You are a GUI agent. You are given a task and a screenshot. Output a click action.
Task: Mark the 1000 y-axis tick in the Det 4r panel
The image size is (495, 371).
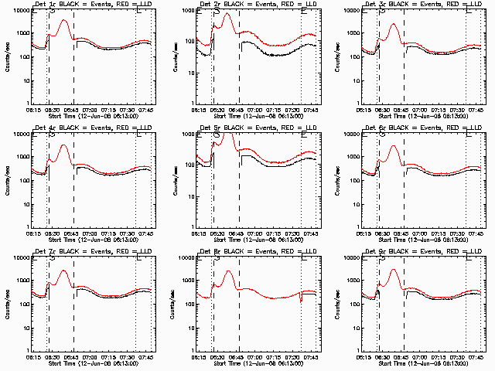tap(23, 157)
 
